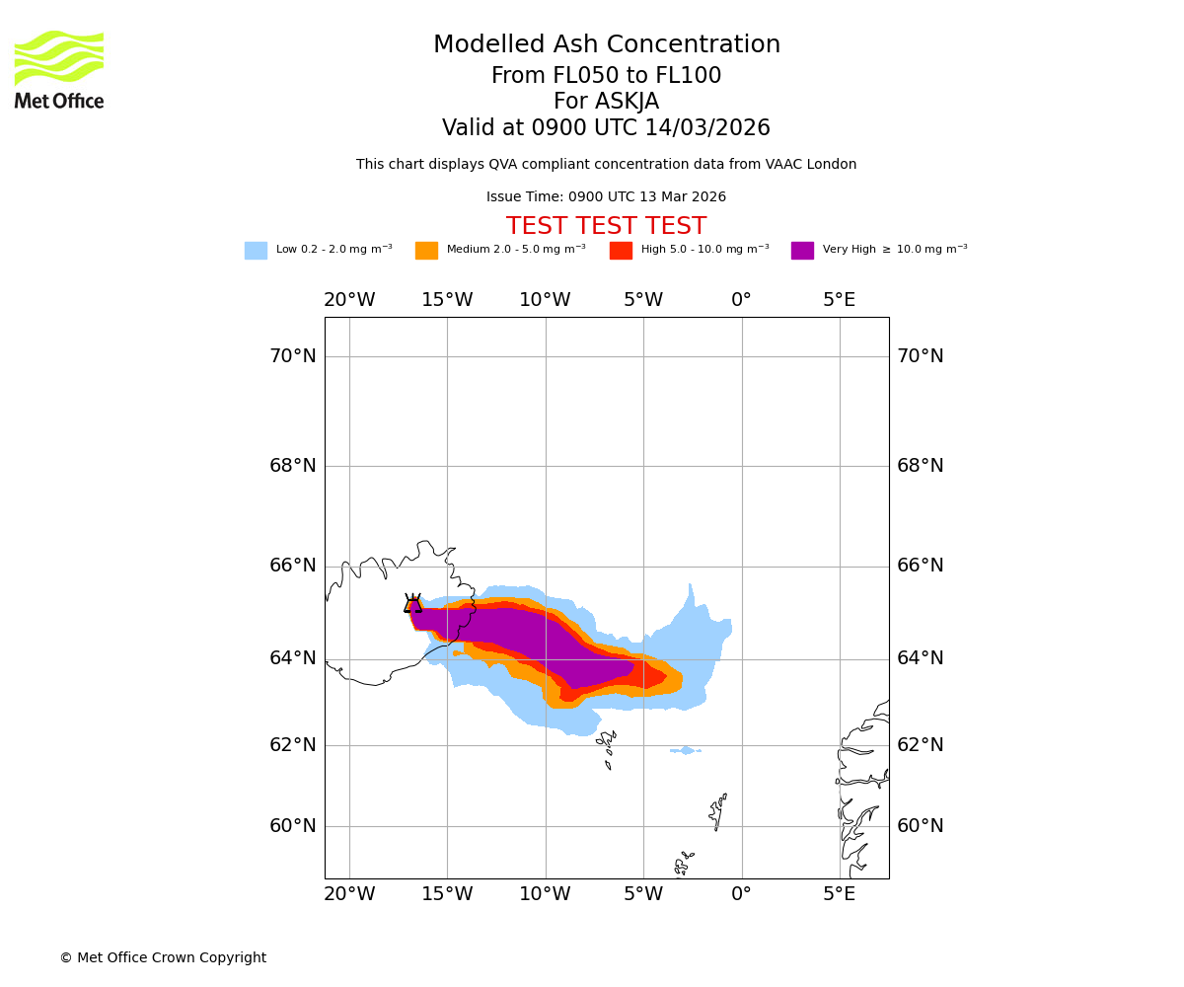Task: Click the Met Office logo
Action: pos(59,69)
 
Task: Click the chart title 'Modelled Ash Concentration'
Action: pos(606,45)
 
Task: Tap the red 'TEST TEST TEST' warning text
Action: pos(606,227)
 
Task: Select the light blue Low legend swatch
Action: pos(256,251)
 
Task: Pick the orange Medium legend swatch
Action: pos(426,251)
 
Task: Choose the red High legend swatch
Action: pos(621,251)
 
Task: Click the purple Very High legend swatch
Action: pos(802,251)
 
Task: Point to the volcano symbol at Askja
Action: pos(412,604)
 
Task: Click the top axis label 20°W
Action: pos(349,300)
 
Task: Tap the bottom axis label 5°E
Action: pos(840,894)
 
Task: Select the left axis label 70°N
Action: pos(293,356)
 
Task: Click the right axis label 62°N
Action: pos(920,745)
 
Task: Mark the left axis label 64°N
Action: pos(293,658)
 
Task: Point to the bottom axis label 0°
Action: pos(741,894)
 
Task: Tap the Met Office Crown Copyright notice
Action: pos(163,958)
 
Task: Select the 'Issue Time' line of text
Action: pos(606,197)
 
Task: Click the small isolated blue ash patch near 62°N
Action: pos(685,751)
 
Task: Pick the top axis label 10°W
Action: pos(545,300)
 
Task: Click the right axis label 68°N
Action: pos(920,466)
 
